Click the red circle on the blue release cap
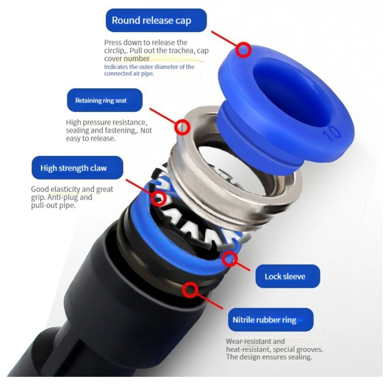243,50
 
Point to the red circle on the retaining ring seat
182,128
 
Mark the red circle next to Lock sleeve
229,259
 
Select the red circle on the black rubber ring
190,290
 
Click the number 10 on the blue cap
331,134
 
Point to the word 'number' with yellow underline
137,58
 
